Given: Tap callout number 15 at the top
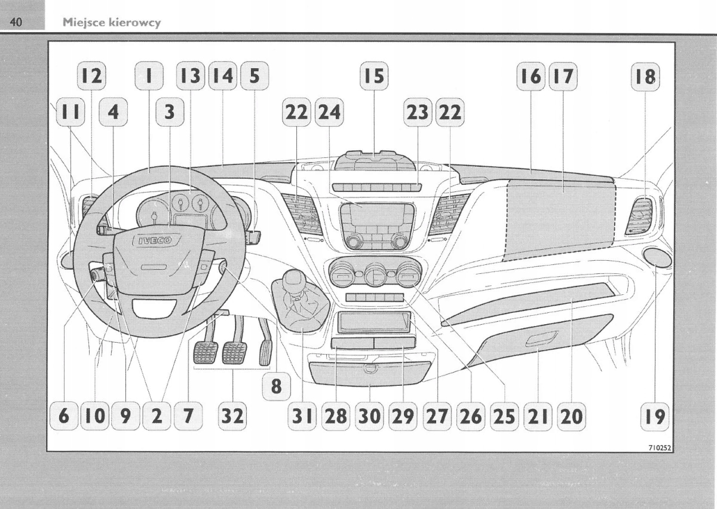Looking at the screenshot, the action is pyautogui.click(x=373, y=76).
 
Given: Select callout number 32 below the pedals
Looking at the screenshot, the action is pyautogui.click(x=232, y=416).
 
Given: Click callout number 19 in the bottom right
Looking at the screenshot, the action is pyautogui.click(x=655, y=416).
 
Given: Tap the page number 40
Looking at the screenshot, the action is pyautogui.click(x=16, y=23).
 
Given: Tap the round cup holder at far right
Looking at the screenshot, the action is pyautogui.click(x=657, y=258).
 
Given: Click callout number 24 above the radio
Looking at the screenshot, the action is pyautogui.click(x=329, y=111).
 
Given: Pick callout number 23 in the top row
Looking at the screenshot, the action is pyautogui.click(x=418, y=111).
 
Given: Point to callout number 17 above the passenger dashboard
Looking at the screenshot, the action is pyautogui.click(x=563, y=76).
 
